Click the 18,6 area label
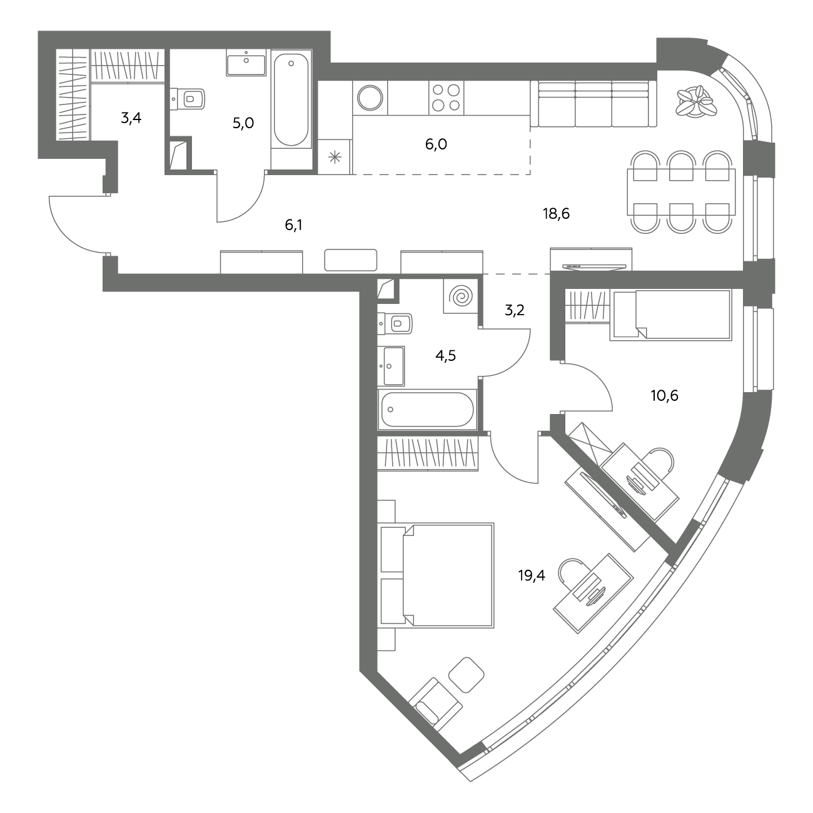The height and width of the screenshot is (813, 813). pyautogui.click(x=556, y=214)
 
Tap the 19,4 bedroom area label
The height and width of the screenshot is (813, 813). pyautogui.click(x=532, y=575)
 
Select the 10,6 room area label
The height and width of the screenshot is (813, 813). pyautogui.click(x=665, y=395)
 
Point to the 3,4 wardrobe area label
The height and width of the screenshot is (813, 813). pyautogui.click(x=131, y=118)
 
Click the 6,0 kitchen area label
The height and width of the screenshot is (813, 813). pyautogui.click(x=436, y=144)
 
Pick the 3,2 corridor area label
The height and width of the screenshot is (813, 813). pyautogui.click(x=515, y=310)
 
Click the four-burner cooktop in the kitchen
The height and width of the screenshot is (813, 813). pyautogui.click(x=446, y=98)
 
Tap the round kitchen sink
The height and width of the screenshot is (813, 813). pyautogui.click(x=370, y=98)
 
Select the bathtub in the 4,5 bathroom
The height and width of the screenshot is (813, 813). pyautogui.click(x=427, y=410)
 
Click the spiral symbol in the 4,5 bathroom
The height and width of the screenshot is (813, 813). pyautogui.click(x=460, y=296)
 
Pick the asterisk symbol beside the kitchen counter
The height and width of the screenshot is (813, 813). pyautogui.click(x=335, y=158)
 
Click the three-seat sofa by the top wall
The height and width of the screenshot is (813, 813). pyautogui.click(x=593, y=104)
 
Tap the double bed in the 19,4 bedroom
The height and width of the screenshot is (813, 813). pyautogui.click(x=437, y=575)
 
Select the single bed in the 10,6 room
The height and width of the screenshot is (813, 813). pyautogui.click(x=671, y=315)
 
